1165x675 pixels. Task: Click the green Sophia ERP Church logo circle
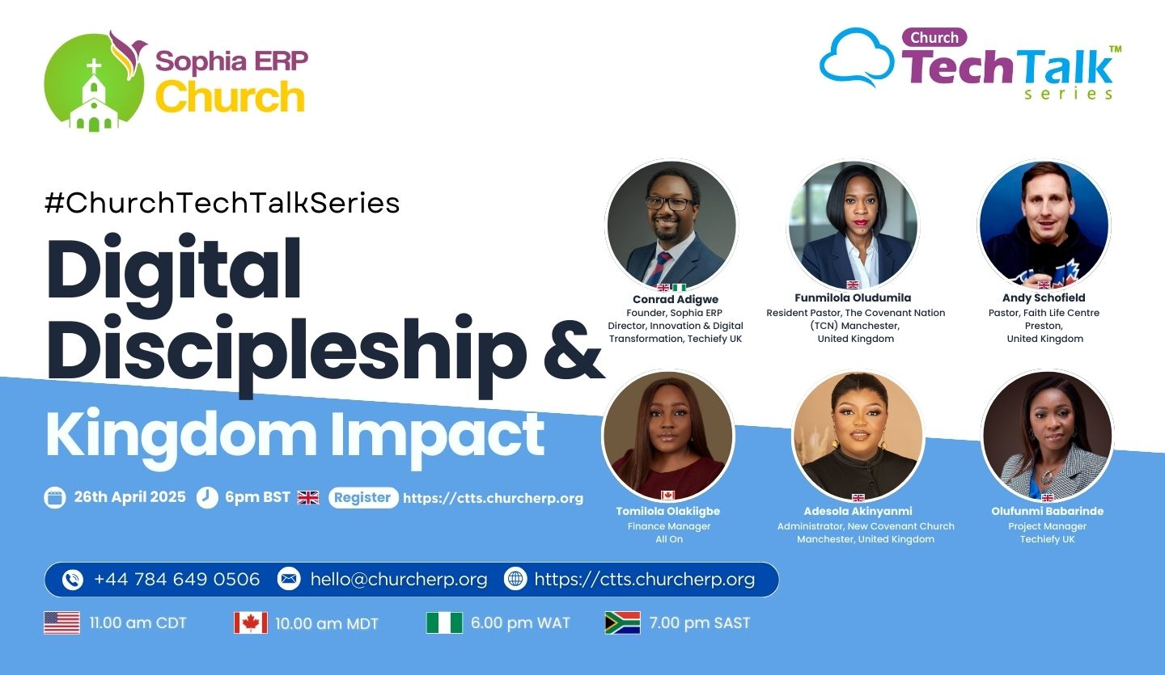94,82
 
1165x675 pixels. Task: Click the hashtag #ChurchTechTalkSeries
222,203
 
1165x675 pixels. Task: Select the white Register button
363,497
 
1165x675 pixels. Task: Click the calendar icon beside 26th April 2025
55,497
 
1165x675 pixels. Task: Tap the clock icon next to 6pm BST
207,497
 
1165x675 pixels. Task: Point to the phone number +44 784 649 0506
177,579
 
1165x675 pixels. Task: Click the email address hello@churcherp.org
398,580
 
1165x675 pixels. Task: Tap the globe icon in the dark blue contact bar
515,579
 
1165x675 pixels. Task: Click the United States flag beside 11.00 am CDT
61,622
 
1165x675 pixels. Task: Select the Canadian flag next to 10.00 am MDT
251,622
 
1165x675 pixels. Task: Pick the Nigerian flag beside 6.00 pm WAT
444,622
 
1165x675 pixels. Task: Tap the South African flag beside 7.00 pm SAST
623,622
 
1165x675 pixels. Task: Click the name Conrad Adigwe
676,299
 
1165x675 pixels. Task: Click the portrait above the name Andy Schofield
1044,225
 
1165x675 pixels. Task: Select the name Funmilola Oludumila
853,297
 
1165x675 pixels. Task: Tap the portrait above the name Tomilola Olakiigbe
668,436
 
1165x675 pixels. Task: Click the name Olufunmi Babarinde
1048,511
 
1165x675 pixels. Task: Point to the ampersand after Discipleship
574,351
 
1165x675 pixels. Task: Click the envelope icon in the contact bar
289,579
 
